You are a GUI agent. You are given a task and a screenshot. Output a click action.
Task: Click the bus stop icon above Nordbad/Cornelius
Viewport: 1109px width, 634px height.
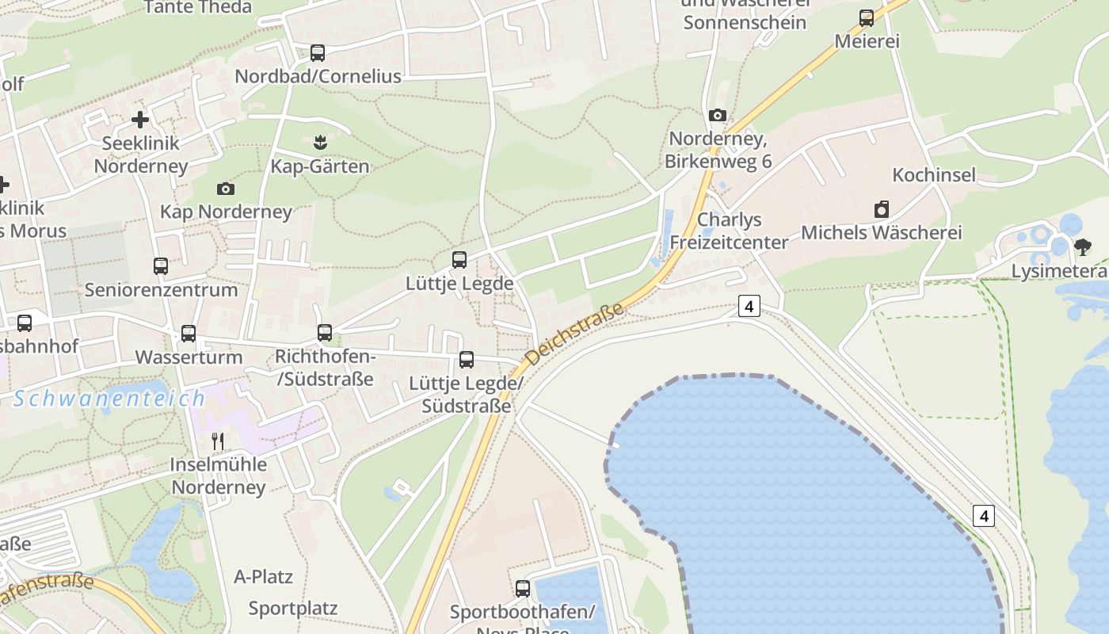point(318,53)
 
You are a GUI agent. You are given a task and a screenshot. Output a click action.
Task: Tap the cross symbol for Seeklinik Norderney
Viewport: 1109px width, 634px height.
point(140,120)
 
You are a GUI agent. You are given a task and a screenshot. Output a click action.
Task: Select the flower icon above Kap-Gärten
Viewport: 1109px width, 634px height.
point(320,143)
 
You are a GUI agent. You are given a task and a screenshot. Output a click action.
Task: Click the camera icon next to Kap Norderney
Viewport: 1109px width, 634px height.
point(226,189)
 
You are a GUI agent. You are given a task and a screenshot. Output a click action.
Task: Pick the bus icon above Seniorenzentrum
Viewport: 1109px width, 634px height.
point(161,266)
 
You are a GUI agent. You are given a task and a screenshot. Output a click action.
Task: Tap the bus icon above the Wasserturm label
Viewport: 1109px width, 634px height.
point(188,334)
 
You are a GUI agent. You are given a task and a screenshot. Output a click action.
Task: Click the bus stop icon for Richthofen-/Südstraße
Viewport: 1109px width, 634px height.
point(325,333)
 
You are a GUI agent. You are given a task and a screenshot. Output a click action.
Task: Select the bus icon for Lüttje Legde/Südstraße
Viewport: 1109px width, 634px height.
point(467,360)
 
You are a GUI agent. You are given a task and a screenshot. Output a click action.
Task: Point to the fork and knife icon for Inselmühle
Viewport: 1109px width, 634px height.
point(218,441)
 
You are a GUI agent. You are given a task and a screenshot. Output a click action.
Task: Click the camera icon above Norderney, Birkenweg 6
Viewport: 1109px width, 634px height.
point(718,116)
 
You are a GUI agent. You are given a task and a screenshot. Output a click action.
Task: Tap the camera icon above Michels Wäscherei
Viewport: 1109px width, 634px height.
point(882,209)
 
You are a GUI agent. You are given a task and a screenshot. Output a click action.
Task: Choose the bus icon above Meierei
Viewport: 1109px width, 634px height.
point(867,18)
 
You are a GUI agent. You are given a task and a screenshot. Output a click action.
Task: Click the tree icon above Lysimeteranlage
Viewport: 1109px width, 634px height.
point(1082,247)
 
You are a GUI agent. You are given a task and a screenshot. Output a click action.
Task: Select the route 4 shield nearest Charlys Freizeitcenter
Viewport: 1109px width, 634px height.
point(749,306)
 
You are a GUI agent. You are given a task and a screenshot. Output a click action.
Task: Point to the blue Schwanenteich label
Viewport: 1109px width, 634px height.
point(109,398)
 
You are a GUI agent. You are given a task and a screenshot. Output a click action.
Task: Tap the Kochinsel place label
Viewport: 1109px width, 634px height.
point(934,175)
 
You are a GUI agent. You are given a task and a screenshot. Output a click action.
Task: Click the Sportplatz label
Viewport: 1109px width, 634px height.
point(293,609)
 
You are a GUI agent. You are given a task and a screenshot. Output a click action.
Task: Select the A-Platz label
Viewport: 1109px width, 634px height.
point(264,576)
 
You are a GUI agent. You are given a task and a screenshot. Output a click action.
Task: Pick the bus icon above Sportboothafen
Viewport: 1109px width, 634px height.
point(523,589)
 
